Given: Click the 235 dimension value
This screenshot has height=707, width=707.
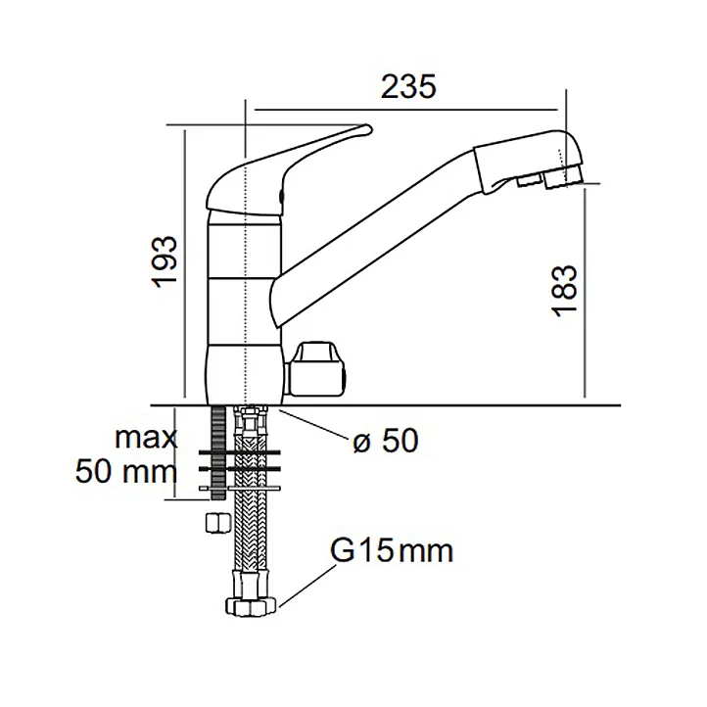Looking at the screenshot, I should (x=408, y=87).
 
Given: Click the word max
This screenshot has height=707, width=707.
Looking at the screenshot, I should (x=145, y=438).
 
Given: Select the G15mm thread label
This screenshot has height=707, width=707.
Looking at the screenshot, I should (x=392, y=552).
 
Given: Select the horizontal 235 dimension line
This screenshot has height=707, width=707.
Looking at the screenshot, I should (x=402, y=112).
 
